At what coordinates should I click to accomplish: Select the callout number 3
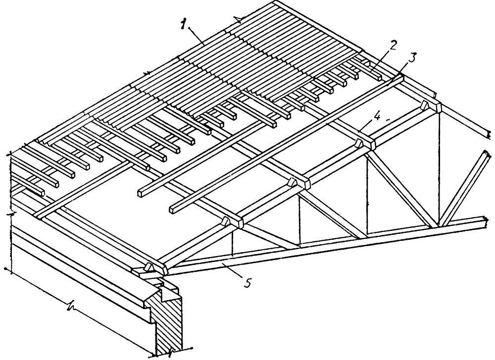tap(412, 55)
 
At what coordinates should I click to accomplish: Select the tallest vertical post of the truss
tap(439, 168)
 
